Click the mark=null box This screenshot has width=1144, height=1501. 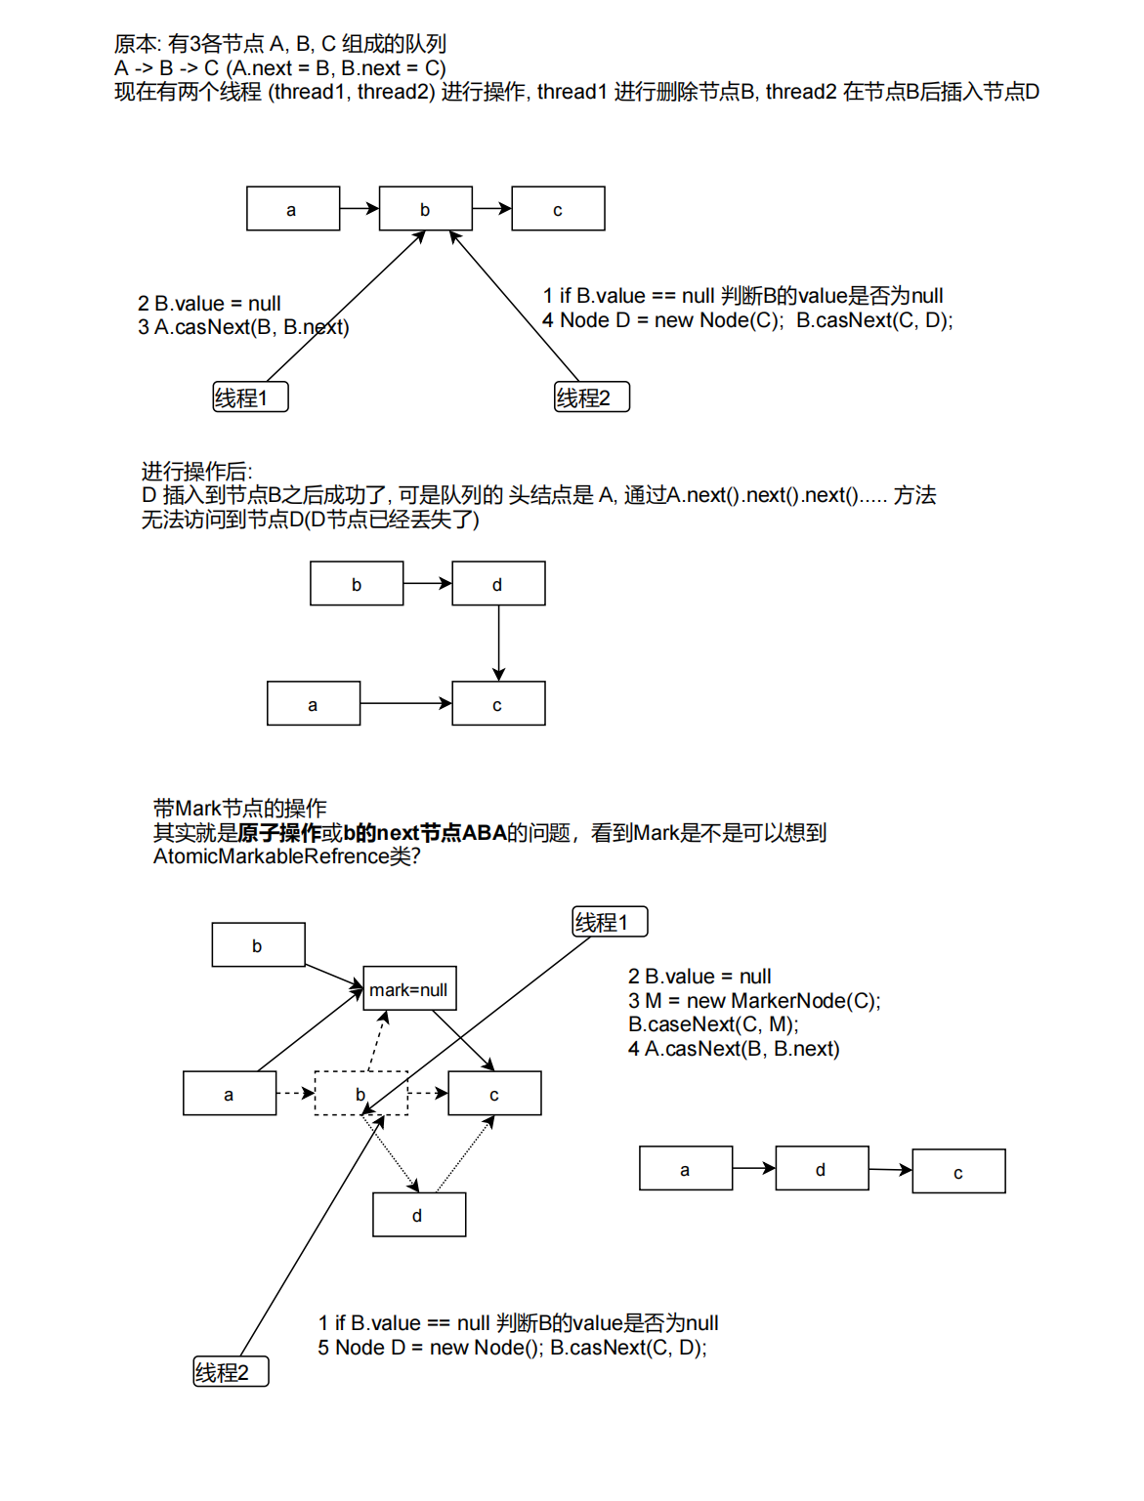[x=409, y=989]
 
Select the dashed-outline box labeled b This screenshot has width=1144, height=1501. [x=360, y=1094]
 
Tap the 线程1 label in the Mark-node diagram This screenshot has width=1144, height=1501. [x=610, y=922]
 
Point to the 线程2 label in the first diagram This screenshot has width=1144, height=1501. [x=592, y=397]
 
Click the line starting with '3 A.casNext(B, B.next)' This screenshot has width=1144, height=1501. [x=243, y=327]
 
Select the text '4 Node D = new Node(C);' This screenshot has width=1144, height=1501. [x=663, y=320]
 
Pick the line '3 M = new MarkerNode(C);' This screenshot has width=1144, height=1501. [x=754, y=1000]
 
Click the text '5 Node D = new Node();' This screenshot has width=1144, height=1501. [x=430, y=1348]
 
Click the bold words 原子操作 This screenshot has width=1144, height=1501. [x=279, y=833]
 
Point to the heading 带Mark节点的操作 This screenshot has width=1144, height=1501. [x=240, y=808]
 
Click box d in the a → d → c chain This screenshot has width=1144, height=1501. [x=822, y=1169]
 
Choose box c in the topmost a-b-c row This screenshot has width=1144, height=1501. [x=558, y=209]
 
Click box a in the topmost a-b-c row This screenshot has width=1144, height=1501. [x=292, y=209]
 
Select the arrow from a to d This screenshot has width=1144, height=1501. [x=753, y=1168]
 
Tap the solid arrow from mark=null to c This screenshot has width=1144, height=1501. [x=464, y=1040]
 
